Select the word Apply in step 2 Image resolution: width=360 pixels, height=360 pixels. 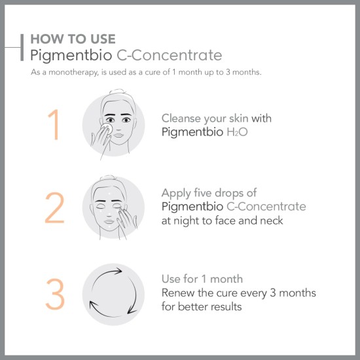point(176,193)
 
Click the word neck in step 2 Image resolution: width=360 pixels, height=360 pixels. point(270,221)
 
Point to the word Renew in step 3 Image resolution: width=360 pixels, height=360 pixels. point(177,293)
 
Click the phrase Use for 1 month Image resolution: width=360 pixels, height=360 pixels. point(202,279)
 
